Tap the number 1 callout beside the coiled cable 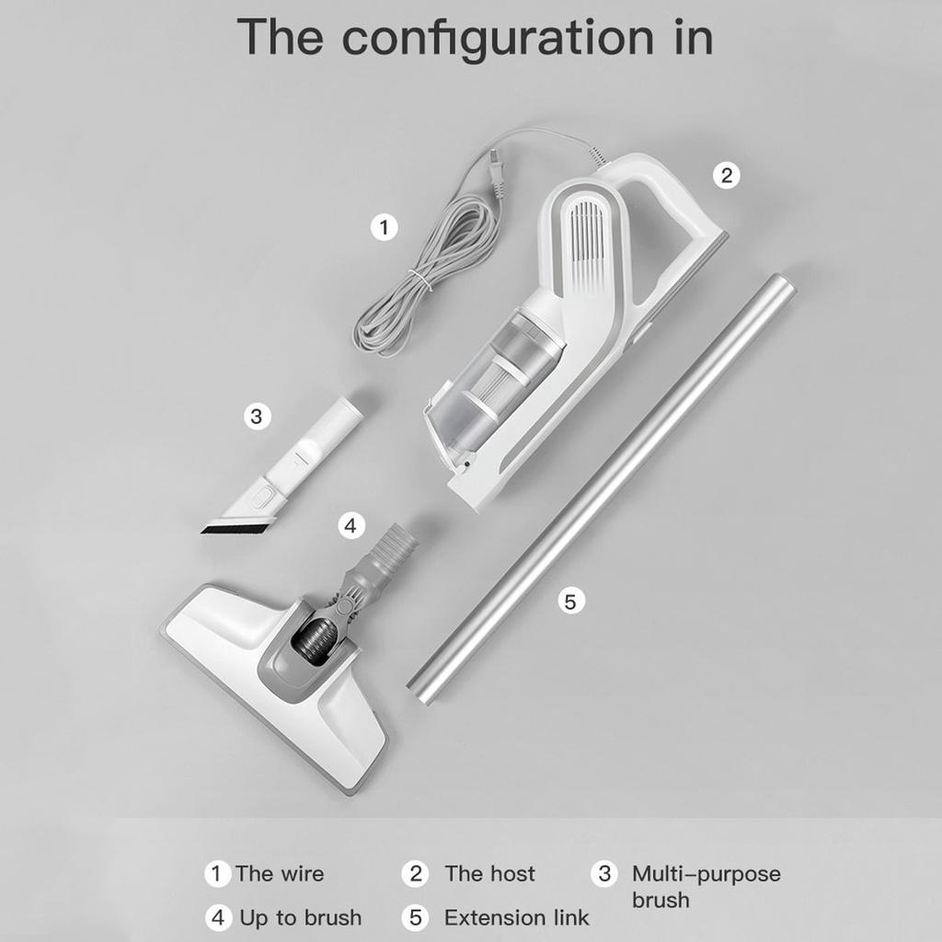point(385,226)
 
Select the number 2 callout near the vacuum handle point(727,176)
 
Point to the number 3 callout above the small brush point(257,416)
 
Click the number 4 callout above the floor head point(349,525)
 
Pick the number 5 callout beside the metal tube point(570,602)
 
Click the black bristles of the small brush point(236,527)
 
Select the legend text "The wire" point(280,874)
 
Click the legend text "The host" point(489,874)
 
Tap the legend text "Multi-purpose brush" point(706,886)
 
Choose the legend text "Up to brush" point(301,918)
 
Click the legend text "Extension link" point(516,918)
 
